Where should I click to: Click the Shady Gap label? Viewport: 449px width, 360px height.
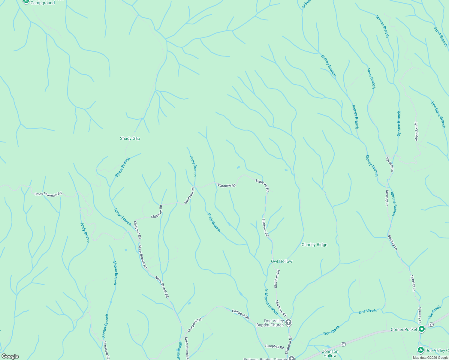tap(130, 138)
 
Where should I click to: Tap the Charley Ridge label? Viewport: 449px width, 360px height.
tap(314, 244)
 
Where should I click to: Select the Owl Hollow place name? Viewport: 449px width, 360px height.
tap(282, 261)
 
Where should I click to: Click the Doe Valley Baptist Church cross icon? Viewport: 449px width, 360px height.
tap(288, 323)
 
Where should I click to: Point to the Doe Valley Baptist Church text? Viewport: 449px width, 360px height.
tap(270, 323)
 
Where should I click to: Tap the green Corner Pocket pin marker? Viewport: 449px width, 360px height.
tap(422, 329)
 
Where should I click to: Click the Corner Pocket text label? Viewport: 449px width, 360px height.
tap(404, 329)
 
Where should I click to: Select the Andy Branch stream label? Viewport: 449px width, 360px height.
tap(85, 233)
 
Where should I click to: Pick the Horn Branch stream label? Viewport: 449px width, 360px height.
tap(371, 78)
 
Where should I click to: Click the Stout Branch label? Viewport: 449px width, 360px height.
tap(441, 37)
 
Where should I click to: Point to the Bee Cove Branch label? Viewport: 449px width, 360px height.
tap(438, 115)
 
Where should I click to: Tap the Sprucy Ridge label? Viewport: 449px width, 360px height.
tap(416, 131)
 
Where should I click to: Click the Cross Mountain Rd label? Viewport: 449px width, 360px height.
tap(48, 194)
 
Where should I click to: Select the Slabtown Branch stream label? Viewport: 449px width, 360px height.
tap(271, 301)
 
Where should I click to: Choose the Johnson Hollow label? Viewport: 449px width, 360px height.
tap(330, 353)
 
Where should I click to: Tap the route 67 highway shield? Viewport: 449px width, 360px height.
tap(431, 325)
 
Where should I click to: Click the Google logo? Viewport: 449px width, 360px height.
tap(10, 356)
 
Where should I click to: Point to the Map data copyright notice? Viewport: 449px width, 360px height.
tap(430, 358)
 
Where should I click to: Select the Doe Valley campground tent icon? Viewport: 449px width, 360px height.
tap(421, 350)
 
